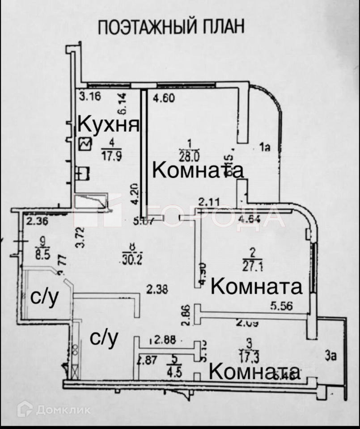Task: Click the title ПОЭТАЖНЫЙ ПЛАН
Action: (x=171, y=26)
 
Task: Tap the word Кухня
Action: (x=108, y=124)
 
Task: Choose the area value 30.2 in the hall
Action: (x=131, y=259)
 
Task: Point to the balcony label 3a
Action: (x=330, y=356)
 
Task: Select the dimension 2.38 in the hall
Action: (x=157, y=290)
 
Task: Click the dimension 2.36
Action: (x=37, y=220)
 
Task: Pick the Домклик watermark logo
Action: (x=25, y=409)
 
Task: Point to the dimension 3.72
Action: (x=80, y=237)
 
